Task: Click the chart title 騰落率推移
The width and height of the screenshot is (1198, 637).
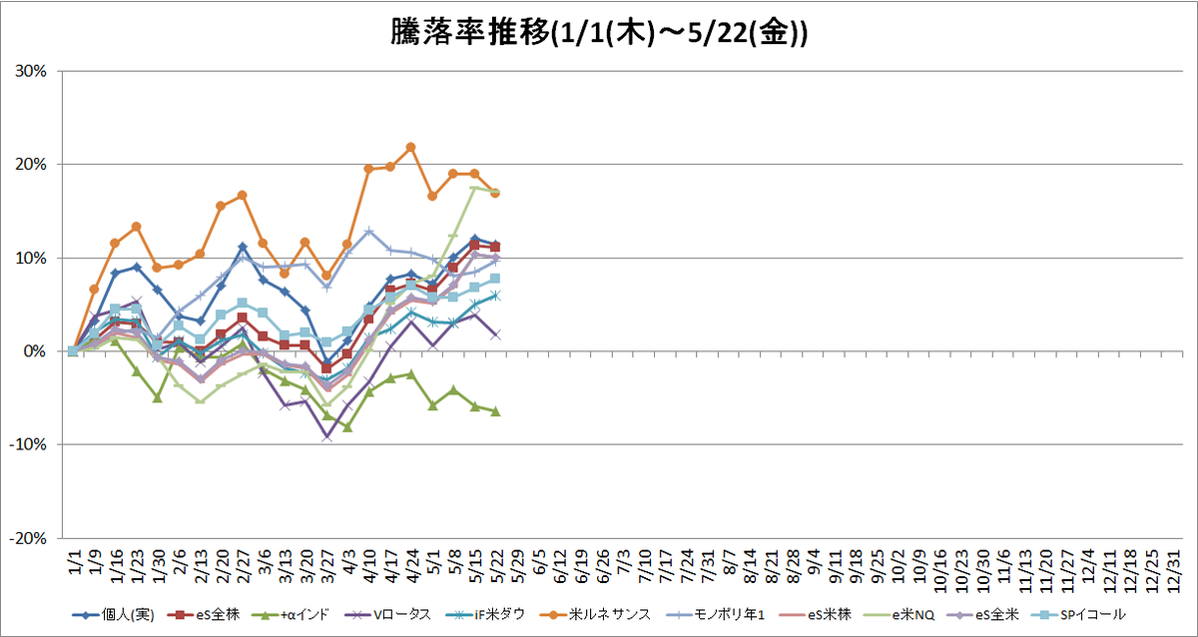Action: pyautogui.click(x=470, y=33)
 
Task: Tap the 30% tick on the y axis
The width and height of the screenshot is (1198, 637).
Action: pyautogui.click(x=31, y=71)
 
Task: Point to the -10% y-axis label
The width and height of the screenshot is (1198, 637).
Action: pyautogui.click(x=28, y=444)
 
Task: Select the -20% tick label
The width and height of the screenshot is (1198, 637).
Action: pyautogui.click(x=28, y=538)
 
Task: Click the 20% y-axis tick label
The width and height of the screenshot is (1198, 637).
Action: pyautogui.click(x=31, y=165)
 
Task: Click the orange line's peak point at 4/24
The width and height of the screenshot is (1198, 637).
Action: pyautogui.click(x=410, y=147)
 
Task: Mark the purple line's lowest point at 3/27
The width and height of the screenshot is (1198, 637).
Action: pyautogui.click(x=326, y=437)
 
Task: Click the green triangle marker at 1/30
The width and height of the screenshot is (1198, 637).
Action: pyautogui.click(x=158, y=398)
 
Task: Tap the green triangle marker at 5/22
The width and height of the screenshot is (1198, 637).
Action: pyautogui.click(x=495, y=411)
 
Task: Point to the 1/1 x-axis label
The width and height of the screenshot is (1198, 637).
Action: pyautogui.click(x=76, y=561)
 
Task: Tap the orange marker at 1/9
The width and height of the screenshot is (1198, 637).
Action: pyautogui.click(x=94, y=290)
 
